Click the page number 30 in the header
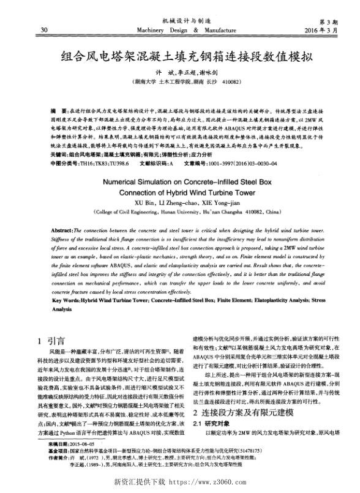(x=43, y=29)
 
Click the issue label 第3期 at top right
(x=321, y=21)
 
